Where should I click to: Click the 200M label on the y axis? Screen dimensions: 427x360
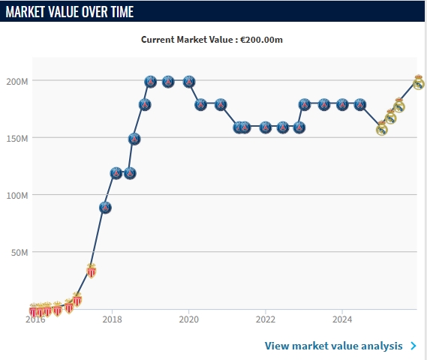pos(17,81)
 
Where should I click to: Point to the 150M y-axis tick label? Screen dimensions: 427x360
pos(17,139)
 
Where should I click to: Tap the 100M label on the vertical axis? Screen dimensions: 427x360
pos(17,196)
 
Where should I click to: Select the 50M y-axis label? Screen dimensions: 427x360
pos(20,253)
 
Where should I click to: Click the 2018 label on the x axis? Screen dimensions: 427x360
pos(112,319)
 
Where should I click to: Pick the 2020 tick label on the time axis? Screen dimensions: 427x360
pos(188,319)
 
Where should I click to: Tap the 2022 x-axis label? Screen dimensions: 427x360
pos(265,319)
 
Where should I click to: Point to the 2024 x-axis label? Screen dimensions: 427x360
pos(342,319)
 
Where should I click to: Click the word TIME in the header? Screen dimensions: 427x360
pos(122,12)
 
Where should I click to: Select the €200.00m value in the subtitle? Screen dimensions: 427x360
pos(261,40)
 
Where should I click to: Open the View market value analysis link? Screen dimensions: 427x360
pos(334,346)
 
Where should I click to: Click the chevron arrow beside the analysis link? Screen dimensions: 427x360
pos(413,346)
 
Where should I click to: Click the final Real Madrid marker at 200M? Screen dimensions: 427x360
pos(419,82)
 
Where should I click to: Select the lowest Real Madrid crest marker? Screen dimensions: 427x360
pos(382,128)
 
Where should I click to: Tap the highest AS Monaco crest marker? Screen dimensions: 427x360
pos(92,271)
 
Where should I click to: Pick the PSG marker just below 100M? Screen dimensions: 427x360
pos(105,208)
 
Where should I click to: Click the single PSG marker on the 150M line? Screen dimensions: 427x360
pos(134,139)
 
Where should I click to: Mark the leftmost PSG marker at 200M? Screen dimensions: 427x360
pos(151,82)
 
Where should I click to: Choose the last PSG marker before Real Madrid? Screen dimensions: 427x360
pos(360,104)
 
